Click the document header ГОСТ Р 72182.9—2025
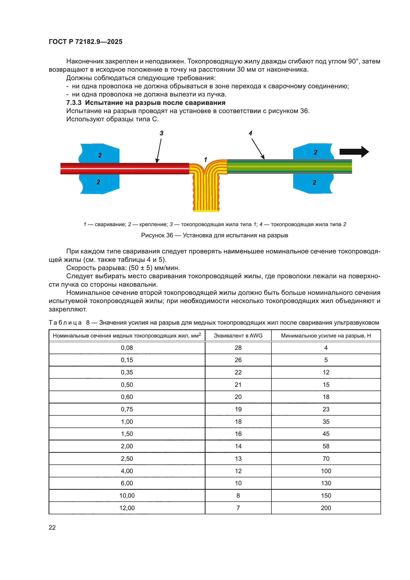[85, 42]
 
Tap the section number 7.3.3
[74, 103]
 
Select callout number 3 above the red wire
[162, 133]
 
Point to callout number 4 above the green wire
[250, 133]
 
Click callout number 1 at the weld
[205, 160]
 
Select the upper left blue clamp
[100, 153]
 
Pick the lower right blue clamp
[313, 183]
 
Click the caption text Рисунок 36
[157, 235]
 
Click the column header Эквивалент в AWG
[238, 336]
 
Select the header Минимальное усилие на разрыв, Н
[326, 336]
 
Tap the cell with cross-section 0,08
[127, 348]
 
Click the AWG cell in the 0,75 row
[238, 409]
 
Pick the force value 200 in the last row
[326, 508]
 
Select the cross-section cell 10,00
[127, 495]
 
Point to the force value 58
[326, 446]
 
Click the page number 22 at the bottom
[52, 527]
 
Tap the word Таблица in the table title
[65, 323]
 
